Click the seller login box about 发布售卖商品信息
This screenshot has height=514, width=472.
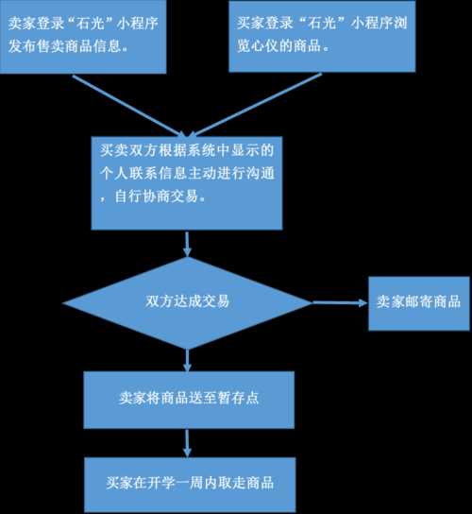tap(83, 36)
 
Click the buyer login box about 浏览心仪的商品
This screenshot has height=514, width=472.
tap(322, 36)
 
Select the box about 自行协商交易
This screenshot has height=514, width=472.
tap(187, 183)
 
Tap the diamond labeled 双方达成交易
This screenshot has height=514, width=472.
tap(187, 302)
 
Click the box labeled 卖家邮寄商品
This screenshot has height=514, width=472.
tap(419, 303)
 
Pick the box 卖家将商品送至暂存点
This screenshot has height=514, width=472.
tap(189, 400)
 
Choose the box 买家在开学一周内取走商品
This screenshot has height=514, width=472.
tap(190, 485)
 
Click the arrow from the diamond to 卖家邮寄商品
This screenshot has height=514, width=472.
tap(340, 302)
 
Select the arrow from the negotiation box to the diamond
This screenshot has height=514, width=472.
tap(187, 244)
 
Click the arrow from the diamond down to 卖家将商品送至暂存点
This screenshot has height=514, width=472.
tap(187, 360)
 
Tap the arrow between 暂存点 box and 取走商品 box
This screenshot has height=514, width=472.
tap(187, 443)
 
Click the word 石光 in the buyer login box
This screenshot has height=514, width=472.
tap(324, 23)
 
